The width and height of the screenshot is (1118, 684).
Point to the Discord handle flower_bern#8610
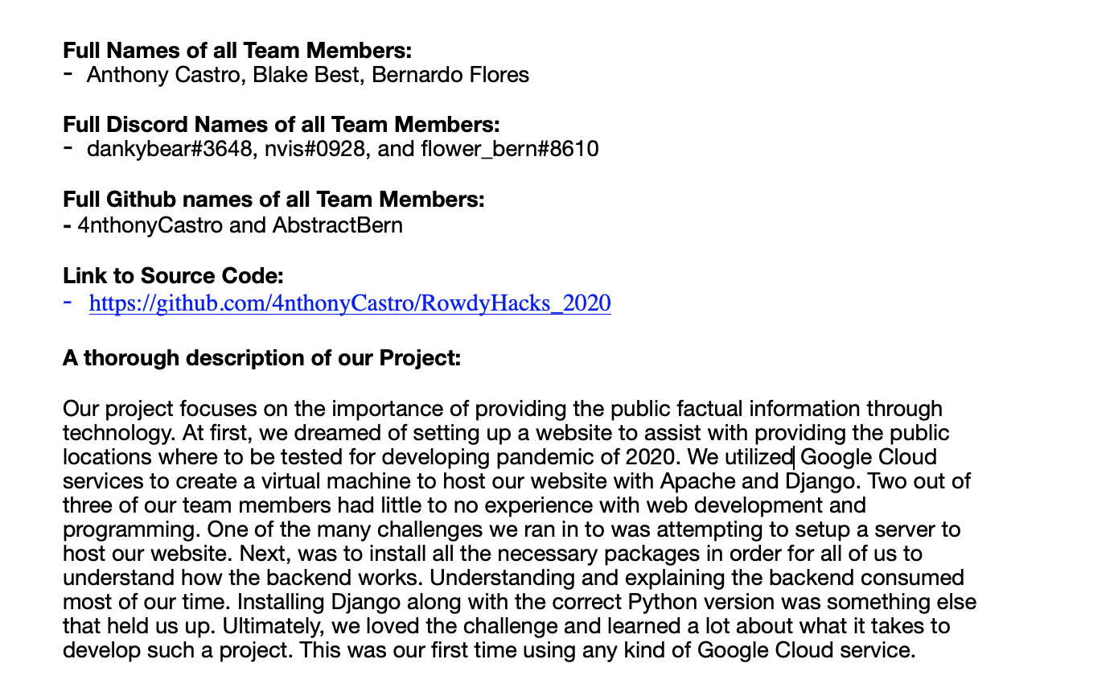click(509, 150)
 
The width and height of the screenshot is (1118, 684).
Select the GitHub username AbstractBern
click(337, 225)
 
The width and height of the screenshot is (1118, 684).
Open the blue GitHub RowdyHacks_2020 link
click(350, 303)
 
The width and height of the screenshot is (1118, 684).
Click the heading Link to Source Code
click(173, 276)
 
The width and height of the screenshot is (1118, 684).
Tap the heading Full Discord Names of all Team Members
click(282, 125)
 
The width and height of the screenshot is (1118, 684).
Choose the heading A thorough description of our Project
click(261, 357)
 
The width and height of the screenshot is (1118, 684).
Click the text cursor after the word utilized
click(795, 458)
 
